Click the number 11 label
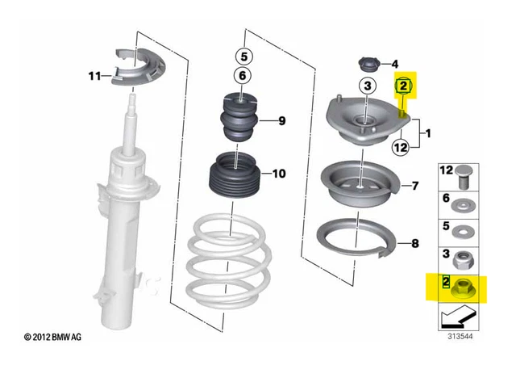[94, 76]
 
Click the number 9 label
[282, 121]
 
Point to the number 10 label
[278, 173]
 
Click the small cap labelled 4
[368, 65]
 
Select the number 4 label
[395, 65]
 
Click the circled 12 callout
[402, 147]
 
